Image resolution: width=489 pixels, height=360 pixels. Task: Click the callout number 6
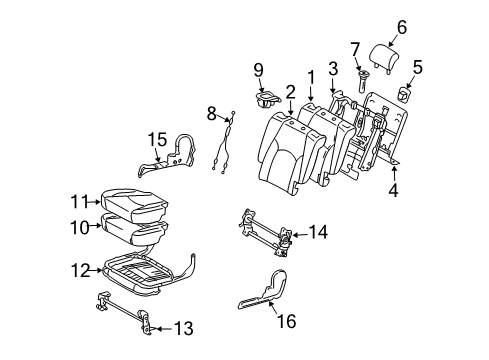pyautogui.click(x=401, y=28)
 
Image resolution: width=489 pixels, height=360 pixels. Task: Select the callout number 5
pyautogui.click(x=419, y=68)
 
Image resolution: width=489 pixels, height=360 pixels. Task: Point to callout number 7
pyautogui.click(x=354, y=49)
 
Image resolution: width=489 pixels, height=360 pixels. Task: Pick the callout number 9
pyautogui.click(x=258, y=70)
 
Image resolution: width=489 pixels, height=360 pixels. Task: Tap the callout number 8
pyautogui.click(x=212, y=113)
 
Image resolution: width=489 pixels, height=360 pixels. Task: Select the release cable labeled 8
pyautogui.click(x=227, y=145)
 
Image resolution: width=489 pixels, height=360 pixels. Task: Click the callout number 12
pyautogui.click(x=80, y=268)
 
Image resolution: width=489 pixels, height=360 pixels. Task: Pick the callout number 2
pyautogui.click(x=290, y=92)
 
